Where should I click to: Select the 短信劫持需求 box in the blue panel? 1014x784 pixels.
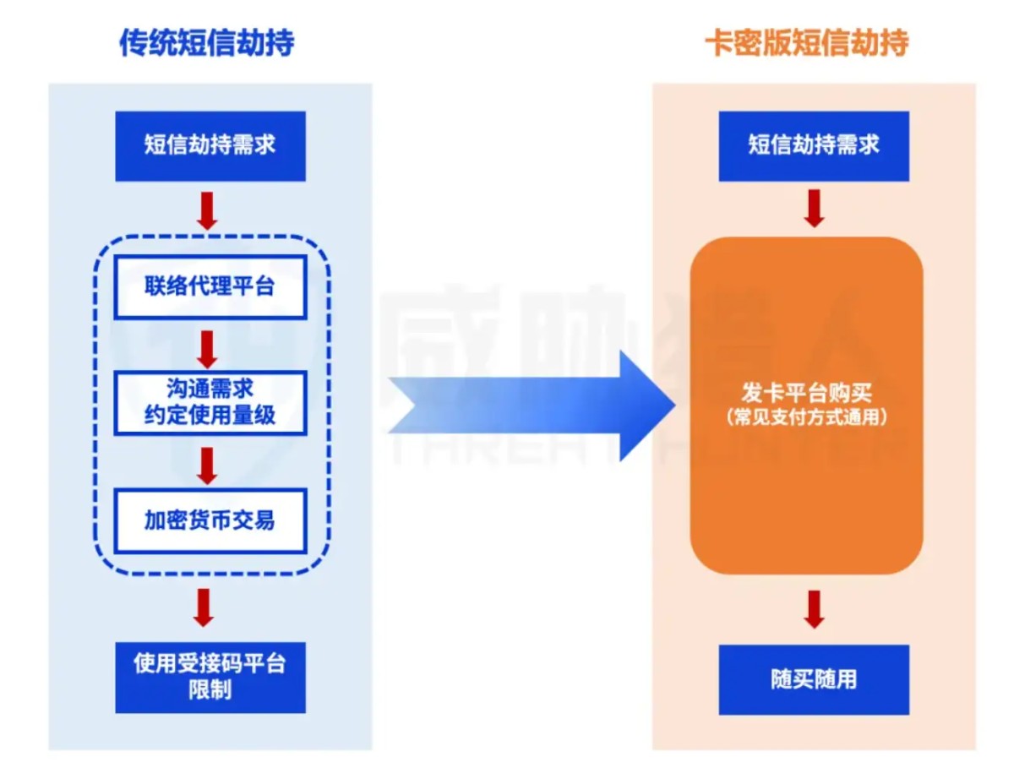(x=210, y=145)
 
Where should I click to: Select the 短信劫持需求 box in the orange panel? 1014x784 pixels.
(x=814, y=145)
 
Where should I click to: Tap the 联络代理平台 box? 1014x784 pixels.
(x=210, y=287)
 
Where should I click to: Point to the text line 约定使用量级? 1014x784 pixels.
(x=210, y=414)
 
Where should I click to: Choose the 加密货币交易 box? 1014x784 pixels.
(x=210, y=520)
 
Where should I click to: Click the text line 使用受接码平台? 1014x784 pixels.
(x=210, y=664)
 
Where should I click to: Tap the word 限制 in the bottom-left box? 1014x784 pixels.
(x=210, y=690)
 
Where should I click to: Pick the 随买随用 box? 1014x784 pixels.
(x=814, y=679)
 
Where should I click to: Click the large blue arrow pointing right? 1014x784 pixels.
(x=532, y=406)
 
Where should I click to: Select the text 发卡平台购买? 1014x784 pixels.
(x=806, y=394)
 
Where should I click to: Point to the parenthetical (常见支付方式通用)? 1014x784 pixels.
(x=806, y=417)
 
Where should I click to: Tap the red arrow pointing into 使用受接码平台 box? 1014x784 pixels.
(x=204, y=607)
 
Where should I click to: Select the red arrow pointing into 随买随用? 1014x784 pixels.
(x=814, y=608)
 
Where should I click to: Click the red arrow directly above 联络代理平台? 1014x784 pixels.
(x=206, y=210)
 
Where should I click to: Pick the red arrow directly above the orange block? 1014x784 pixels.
(x=814, y=208)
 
